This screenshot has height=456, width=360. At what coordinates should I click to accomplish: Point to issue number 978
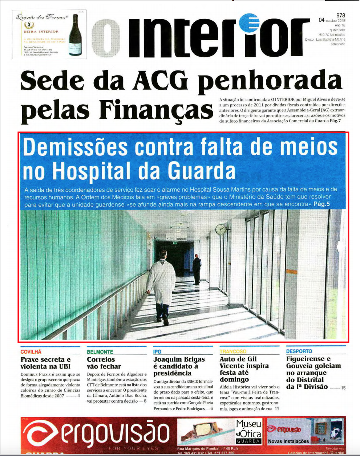pyautogui.click(x=340, y=16)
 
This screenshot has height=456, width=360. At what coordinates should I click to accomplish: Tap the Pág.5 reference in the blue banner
pyautogui.click(x=321, y=204)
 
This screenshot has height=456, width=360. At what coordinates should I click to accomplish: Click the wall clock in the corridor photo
pyautogui.click(x=220, y=229)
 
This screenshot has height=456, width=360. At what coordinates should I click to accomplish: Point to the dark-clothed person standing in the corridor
pyautogui.click(x=197, y=269)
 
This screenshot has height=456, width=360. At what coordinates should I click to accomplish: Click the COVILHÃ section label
pyautogui.click(x=31, y=352)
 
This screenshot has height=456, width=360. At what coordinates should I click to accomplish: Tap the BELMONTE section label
pyautogui.click(x=100, y=352)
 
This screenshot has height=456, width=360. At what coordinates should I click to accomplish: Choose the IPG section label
pyautogui.click(x=157, y=352)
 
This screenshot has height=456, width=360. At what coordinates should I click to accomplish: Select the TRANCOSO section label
pyautogui.click(x=233, y=351)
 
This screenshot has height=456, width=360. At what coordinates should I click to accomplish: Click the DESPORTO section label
pyautogui.click(x=299, y=351)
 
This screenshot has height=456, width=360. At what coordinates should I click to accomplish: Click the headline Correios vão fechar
pyautogui.click(x=104, y=363)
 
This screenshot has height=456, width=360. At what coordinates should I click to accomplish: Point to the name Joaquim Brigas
pyautogui.click(x=179, y=359)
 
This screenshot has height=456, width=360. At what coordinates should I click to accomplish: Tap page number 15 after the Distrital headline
pyautogui.click(x=343, y=388)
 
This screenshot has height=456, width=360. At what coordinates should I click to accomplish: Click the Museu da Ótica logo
pyautogui.click(x=248, y=431)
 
